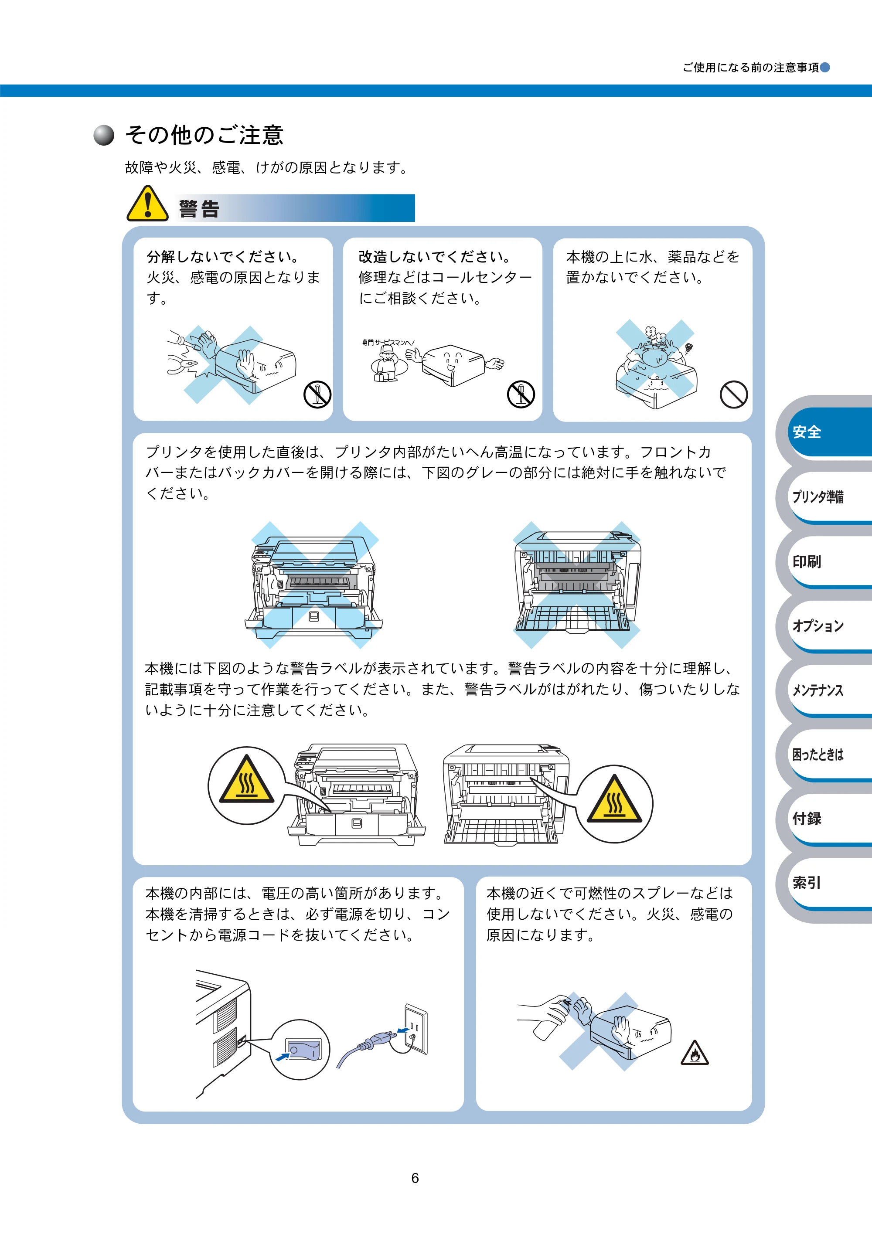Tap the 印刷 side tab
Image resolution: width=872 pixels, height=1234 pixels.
(828, 561)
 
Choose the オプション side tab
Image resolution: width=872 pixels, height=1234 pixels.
(828, 626)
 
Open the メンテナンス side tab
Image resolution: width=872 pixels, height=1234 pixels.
(828, 690)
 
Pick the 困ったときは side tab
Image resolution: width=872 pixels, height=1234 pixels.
(828, 755)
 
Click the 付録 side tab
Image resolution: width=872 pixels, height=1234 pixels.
(828, 819)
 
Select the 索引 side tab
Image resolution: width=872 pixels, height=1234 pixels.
(828, 883)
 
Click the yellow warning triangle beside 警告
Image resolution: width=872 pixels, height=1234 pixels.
(147, 204)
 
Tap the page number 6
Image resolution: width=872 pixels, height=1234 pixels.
(415, 1178)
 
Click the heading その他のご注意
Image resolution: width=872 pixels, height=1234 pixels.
(204, 135)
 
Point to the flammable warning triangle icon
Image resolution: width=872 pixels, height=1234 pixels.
(695, 1052)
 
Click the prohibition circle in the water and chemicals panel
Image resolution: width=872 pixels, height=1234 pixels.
(734, 394)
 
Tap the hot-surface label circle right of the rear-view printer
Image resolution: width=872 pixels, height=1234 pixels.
(614, 804)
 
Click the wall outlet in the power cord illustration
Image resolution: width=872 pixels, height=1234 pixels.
(416, 1029)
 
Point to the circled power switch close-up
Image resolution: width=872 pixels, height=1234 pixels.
(300, 1050)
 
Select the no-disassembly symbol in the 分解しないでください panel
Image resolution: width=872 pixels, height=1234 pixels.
(317, 394)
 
